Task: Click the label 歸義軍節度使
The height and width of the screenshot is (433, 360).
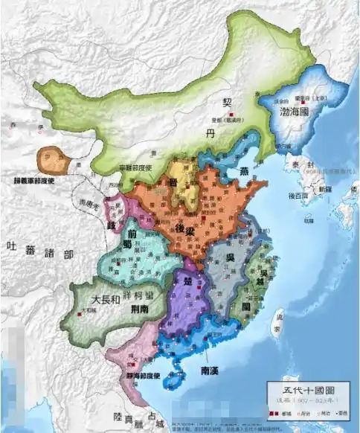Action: (x=33, y=181)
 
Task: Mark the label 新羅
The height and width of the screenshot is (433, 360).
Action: (x=318, y=190)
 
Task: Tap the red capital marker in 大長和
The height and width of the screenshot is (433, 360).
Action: (x=84, y=311)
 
